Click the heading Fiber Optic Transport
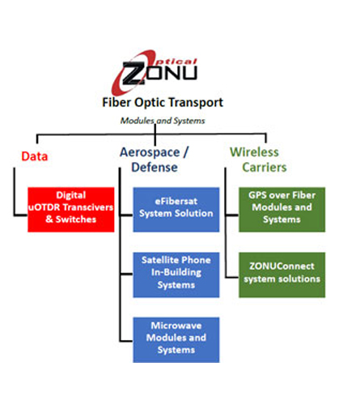tap(163, 103)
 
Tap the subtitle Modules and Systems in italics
tap(163, 121)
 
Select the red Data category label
tap(35, 156)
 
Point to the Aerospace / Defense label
tap(155, 160)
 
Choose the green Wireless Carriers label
tap(258, 160)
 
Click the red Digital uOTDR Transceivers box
tap(71, 210)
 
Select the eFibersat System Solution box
tap(176, 210)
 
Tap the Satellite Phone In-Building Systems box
tap(176, 275)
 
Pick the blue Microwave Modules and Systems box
tap(176, 340)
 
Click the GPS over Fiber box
tap(282, 210)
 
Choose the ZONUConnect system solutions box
tap(282, 275)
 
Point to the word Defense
tap(155, 168)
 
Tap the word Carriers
tap(265, 168)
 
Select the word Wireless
tap(254, 152)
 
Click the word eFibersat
tap(176, 201)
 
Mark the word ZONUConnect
tap(282, 266)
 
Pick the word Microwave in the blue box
tap(176, 326)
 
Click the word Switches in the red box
tap(76, 219)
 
